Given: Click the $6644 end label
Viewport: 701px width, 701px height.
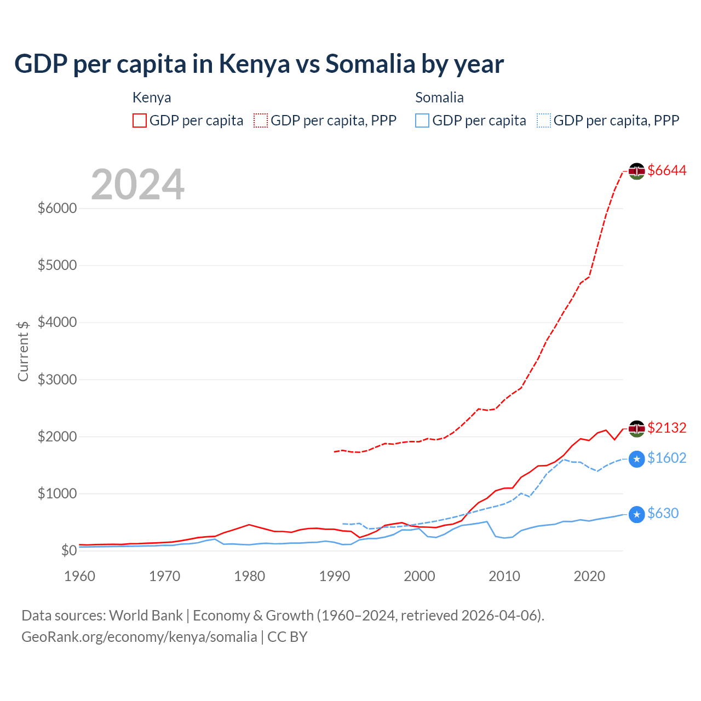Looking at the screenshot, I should pos(666,170).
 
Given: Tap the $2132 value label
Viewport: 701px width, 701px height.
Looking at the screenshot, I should pos(666,427).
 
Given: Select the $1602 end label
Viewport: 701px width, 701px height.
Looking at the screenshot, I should pos(666,458).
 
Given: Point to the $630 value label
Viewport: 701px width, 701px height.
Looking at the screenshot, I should pos(663,513).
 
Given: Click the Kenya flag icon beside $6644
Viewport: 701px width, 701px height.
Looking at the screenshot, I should pos(636,171).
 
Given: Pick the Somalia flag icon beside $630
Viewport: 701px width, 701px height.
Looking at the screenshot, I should pos(636,514).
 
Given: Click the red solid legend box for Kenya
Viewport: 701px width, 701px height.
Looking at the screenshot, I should pos(140,120).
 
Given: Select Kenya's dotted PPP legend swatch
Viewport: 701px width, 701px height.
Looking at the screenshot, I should pos(261,120).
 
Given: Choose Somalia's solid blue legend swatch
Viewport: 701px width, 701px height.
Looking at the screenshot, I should pos(422,120).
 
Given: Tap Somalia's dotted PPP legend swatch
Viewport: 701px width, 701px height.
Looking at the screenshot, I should pos(544,120).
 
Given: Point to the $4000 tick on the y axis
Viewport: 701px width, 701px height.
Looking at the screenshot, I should pos(57,322).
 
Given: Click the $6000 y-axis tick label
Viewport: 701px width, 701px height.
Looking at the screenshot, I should pos(57,208).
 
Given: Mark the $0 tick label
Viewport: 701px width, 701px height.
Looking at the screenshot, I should pos(68,550).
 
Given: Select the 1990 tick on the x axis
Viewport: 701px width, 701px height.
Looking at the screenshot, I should pos(335,576).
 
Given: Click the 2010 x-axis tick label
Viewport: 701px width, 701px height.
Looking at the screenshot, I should pos(504,576).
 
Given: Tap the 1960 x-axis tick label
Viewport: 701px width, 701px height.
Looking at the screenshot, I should pos(80,576).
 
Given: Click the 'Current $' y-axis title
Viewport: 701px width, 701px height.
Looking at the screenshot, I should pos(23,350).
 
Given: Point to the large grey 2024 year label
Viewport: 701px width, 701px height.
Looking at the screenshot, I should pos(137,185).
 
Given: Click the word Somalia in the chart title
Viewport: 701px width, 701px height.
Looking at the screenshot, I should pos(370,64).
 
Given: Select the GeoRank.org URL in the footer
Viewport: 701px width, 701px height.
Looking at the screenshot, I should pos(139,637).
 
